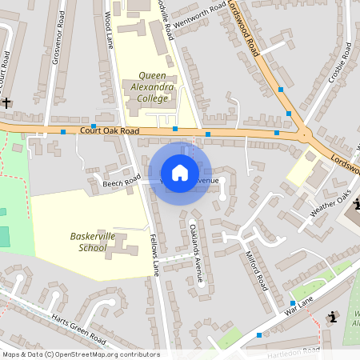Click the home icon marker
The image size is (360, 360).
(x=180, y=173)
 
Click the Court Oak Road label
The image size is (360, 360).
(x=110, y=130)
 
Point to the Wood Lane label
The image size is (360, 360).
(x=108, y=32)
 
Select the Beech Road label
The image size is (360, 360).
(x=122, y=182)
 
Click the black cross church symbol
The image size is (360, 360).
(x=6, y=102)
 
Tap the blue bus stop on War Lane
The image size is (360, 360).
(x=293, y=303)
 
